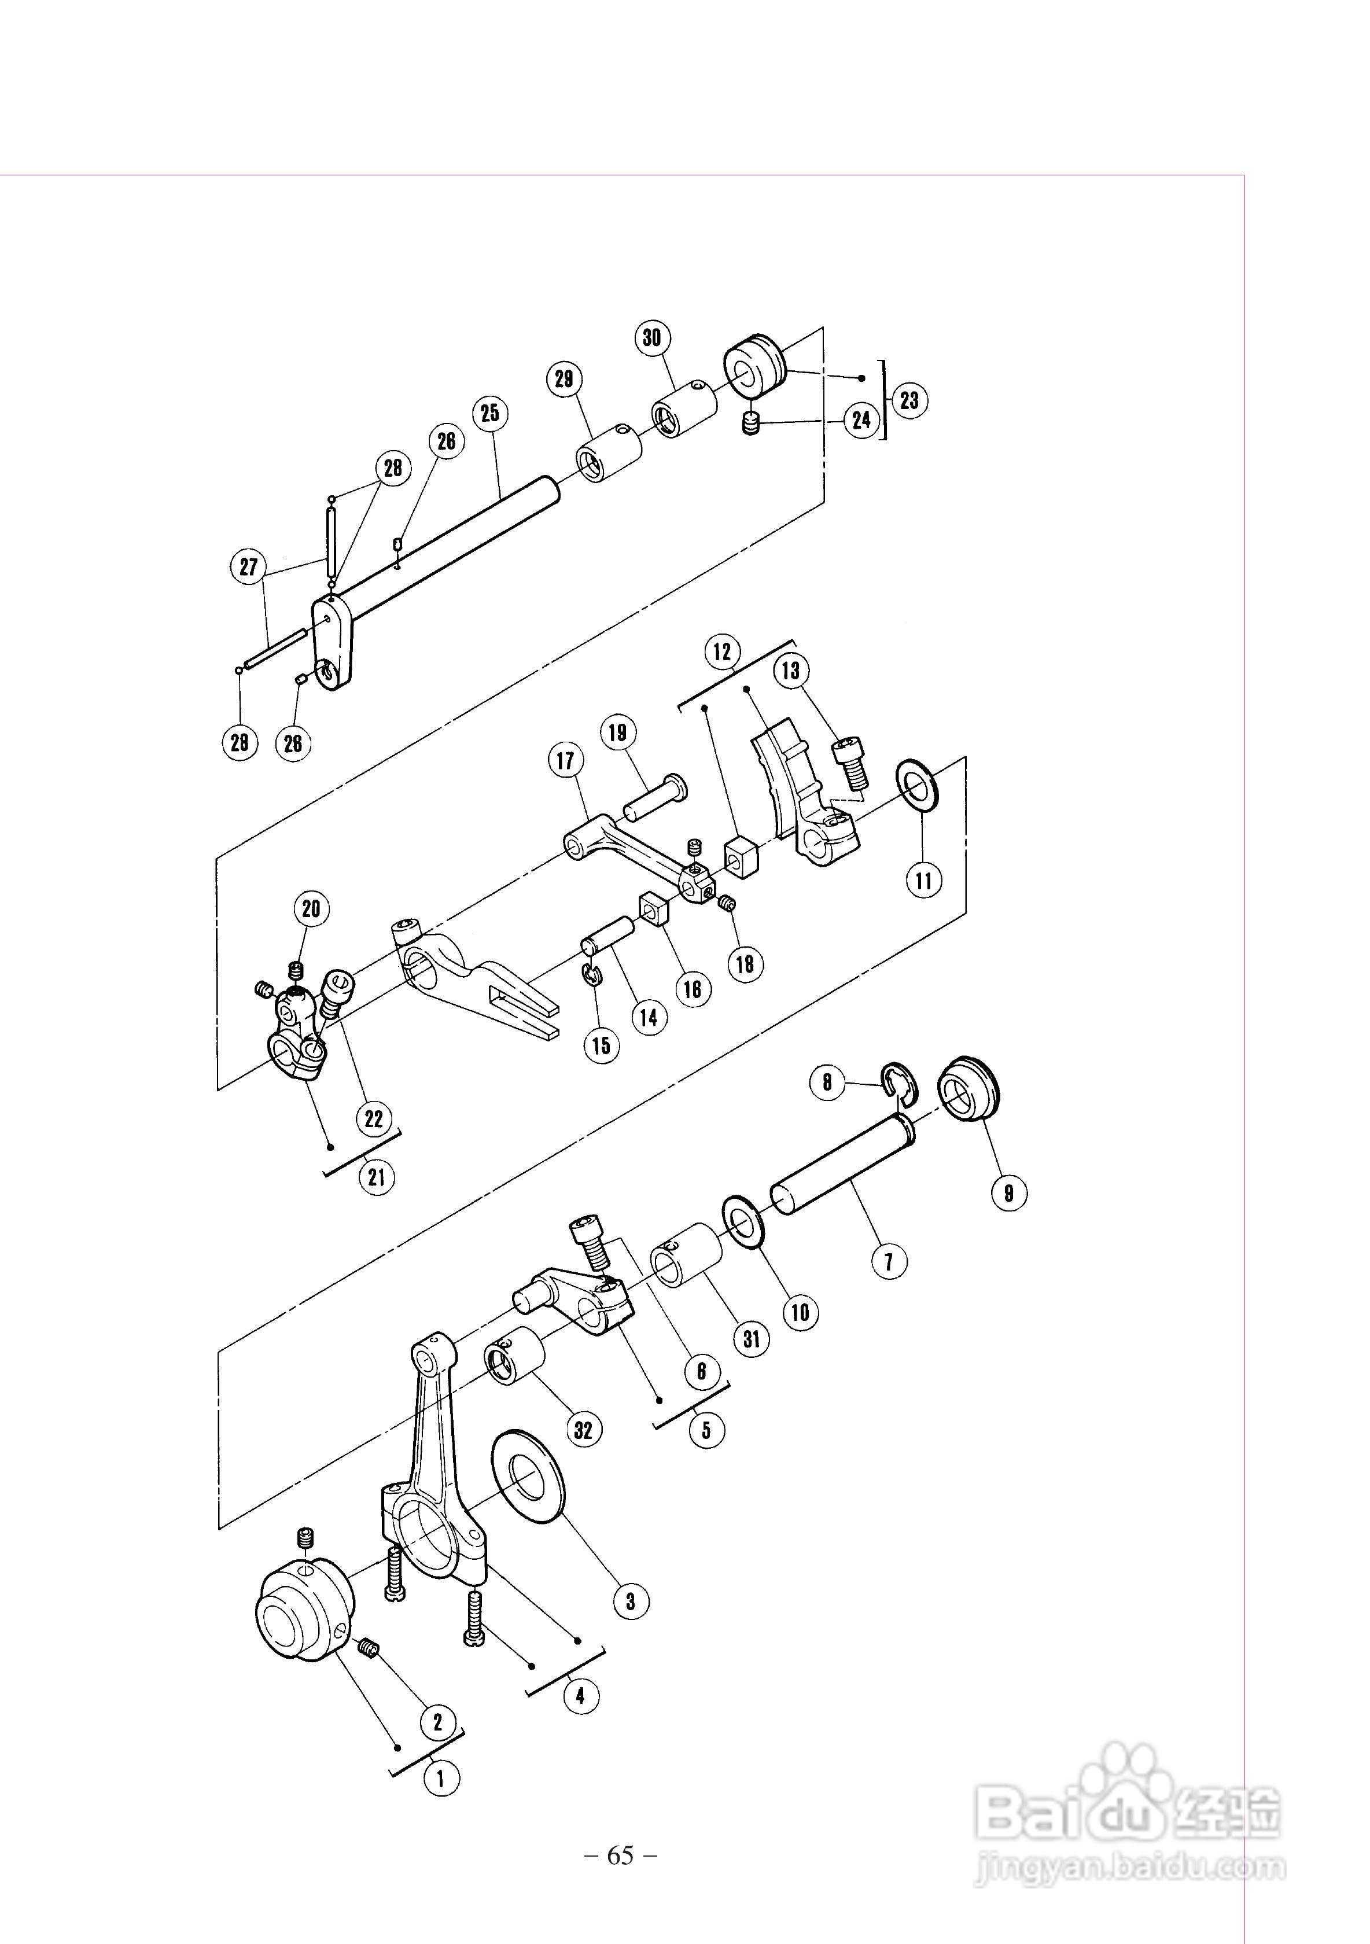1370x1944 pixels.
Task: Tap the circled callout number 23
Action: pyautogui.click(x=909, y=400)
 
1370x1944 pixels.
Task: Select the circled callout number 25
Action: pyautogui.click(x=489, y=413)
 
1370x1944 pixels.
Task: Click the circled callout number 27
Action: pyautogui.click(x=248, y=566)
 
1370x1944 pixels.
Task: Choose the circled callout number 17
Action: pyautogui.click(x=566, y=760)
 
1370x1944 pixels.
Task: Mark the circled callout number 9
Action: pyautogui.click(x=1008, y=1194)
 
